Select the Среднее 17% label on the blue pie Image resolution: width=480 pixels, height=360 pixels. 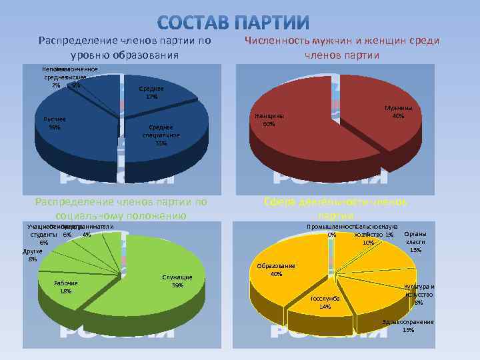[151, 92]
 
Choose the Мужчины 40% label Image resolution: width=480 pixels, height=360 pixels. [398, 111]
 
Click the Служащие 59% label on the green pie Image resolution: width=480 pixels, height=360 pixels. [177, 281]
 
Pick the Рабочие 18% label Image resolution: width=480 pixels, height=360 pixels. [66, 287]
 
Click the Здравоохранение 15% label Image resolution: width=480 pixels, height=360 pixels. [408, 326]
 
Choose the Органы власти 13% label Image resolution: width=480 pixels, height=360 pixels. [416, 242]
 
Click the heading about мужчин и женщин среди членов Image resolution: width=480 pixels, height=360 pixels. [341, 47]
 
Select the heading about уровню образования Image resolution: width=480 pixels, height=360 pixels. [125, 47]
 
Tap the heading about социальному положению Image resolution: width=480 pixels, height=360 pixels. [121, 209]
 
